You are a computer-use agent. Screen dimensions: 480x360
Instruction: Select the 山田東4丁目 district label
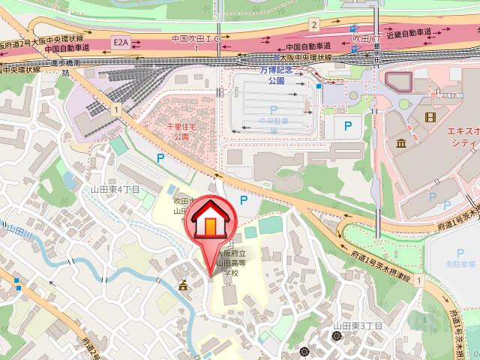pyautogui.click(x=115, y=190)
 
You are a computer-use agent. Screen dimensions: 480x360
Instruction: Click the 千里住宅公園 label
pyautogui.click(x=180, y=132)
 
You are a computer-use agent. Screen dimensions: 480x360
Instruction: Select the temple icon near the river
pyautogui.click(x=182, y=285)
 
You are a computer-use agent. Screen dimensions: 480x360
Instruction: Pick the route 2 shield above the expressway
pyautogui.click(x=313, y=25)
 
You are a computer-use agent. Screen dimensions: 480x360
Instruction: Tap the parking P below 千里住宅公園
pyautogui.click(x=159, y=158)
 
